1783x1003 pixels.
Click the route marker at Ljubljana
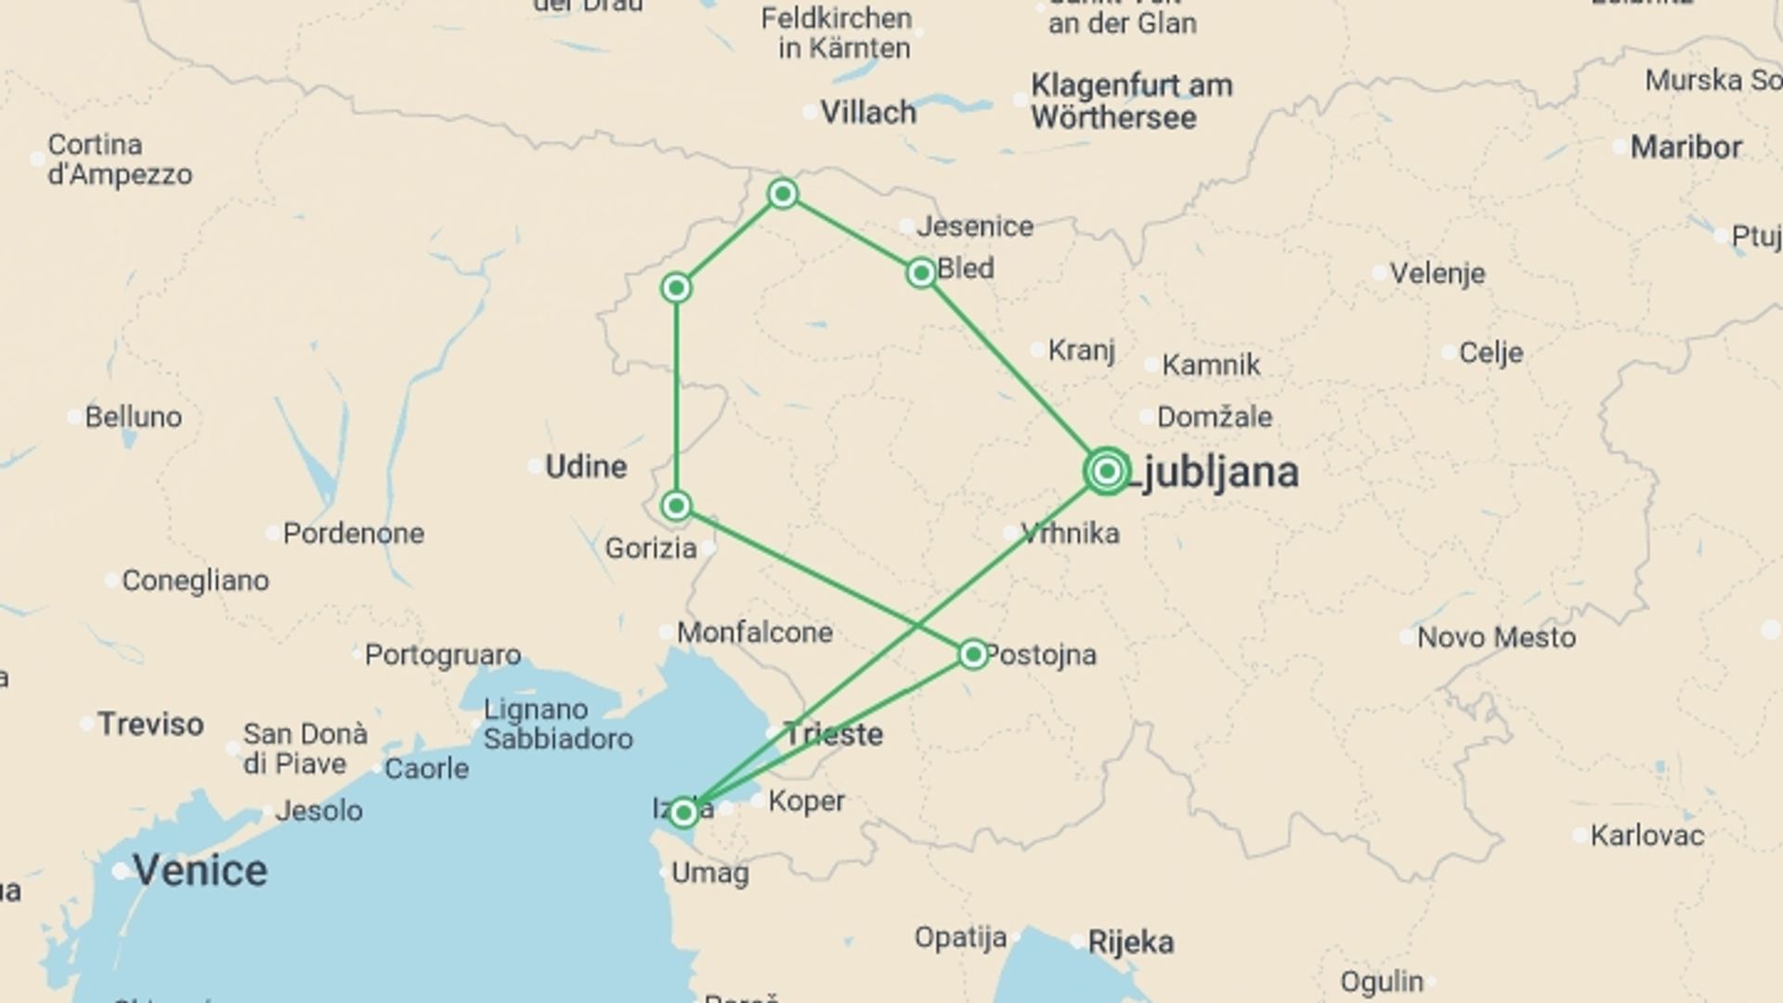click(1106, 471)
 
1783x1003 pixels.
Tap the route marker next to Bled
click(920, 272)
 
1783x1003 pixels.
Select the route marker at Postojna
click(972, 655)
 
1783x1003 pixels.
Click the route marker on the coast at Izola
click(683, 814)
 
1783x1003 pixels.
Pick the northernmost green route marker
click(783, 193)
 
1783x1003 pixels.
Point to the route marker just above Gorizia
click(676, 505)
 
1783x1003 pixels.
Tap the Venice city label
click(200, 870)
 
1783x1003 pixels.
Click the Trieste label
click(833, 735)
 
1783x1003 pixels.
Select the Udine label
click(586, 466)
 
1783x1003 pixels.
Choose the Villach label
click(868, 112)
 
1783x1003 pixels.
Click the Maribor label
click(1685, 147)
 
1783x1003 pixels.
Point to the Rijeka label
click(1130, 943)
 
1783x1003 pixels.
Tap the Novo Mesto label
click(1496, 637)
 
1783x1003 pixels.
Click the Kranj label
click(1081, 350)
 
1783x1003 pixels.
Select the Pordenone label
click(353, 533)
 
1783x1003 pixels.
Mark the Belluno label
click(133, 417)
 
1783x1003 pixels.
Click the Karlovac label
click(1646, 836)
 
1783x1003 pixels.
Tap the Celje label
click(1490, 353)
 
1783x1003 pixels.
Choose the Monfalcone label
click(754, 633)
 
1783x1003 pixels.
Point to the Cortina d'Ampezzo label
click(120, 160)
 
